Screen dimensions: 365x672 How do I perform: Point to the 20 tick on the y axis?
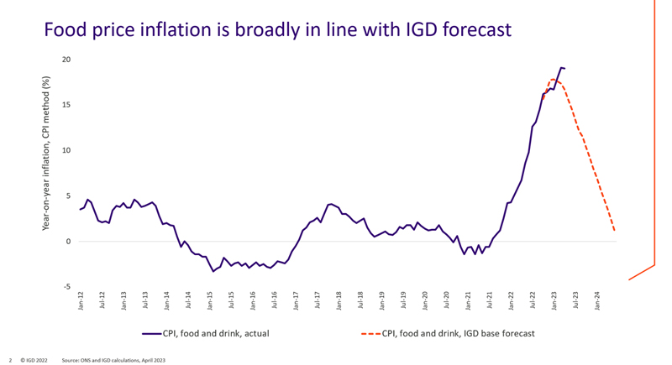(66, 60)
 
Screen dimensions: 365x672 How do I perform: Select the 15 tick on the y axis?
(66, 105)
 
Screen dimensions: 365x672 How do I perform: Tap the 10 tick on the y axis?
(66, 150)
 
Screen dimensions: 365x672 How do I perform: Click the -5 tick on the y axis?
(66, 287)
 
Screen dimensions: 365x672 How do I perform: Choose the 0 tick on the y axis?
(68, 242)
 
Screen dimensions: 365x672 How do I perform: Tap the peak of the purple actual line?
(561, 68)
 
